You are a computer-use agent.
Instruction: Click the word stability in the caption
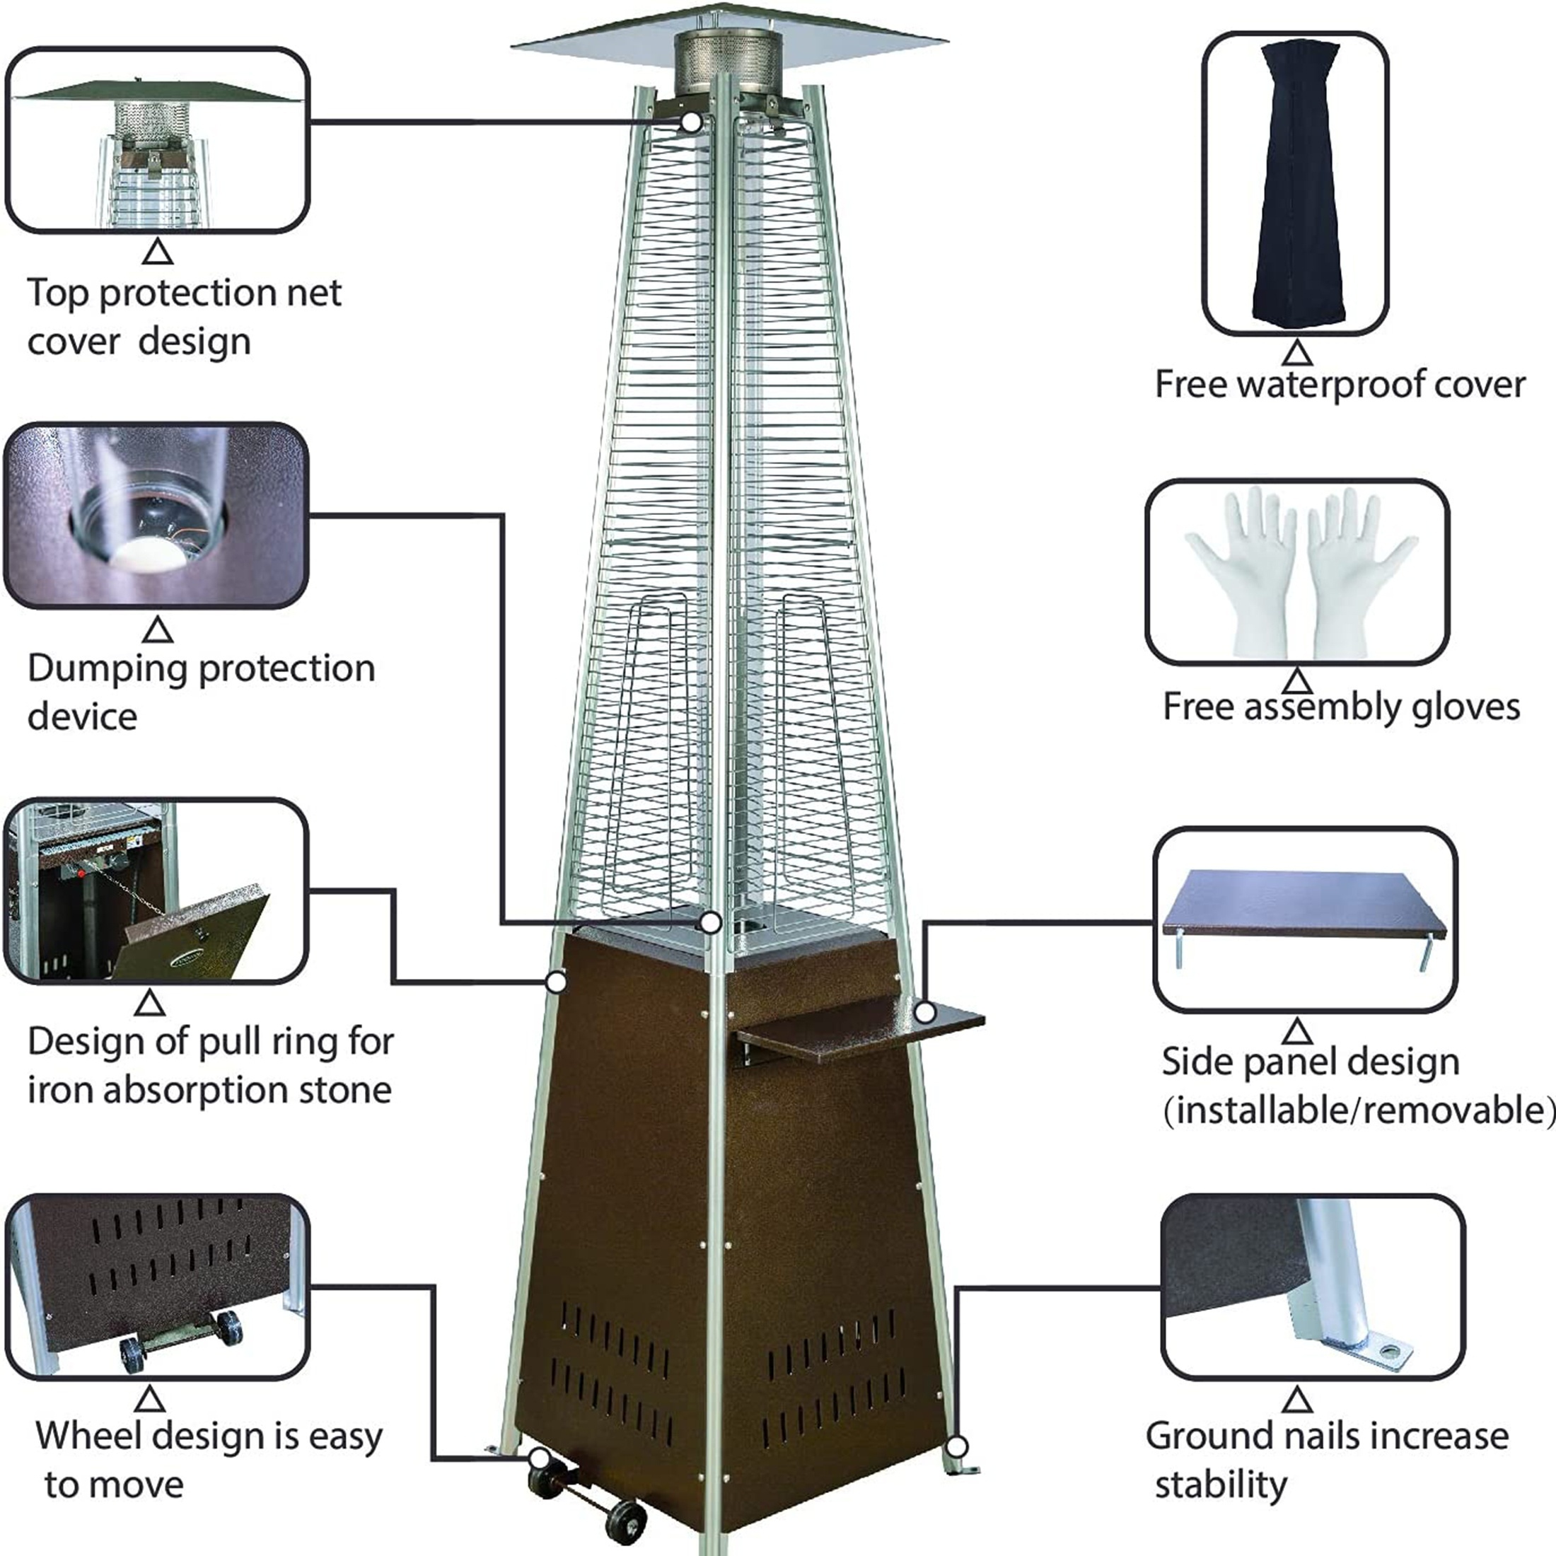(x=1221, y=1484)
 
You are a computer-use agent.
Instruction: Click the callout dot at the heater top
(x=691, y=122)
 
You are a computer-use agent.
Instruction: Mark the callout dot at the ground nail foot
(x=956, y=1447)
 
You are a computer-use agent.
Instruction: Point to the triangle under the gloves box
(x=1296, y=681)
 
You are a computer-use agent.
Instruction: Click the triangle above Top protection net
(x=158, y=253)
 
